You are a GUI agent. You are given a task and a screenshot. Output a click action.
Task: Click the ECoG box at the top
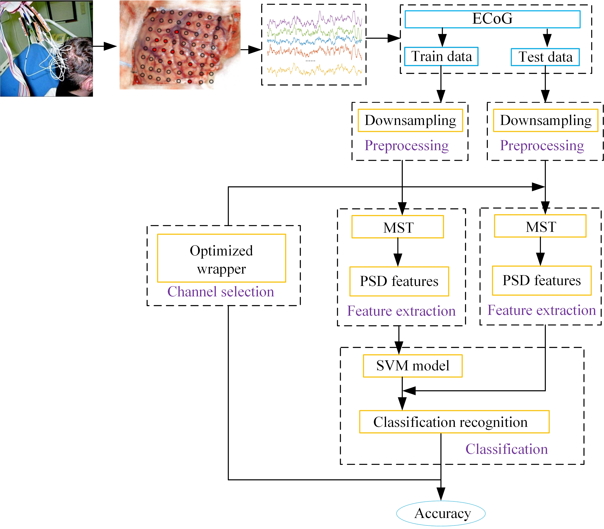pos(492,19)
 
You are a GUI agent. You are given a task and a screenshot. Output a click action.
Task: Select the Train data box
pos(441,56)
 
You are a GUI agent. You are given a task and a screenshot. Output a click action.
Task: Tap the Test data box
pos(545,57)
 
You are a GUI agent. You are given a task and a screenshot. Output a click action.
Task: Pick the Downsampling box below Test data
pos(545,120)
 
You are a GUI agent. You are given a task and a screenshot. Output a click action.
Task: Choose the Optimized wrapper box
pos(221,258)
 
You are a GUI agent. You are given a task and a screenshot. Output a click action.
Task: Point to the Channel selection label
pos(221,292)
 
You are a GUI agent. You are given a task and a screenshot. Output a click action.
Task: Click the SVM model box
pos(413,366)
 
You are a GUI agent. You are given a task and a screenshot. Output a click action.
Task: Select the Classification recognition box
pos(454,422)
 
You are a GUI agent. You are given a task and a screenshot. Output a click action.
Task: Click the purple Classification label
pos(507,449)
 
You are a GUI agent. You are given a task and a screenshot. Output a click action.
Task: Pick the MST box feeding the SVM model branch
pos(398,227)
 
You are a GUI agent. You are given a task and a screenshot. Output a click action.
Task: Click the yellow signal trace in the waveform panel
pos(314,70)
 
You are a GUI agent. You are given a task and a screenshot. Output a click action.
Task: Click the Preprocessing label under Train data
pos(406,146)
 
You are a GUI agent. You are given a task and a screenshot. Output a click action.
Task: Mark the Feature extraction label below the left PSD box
pos(401,311)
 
